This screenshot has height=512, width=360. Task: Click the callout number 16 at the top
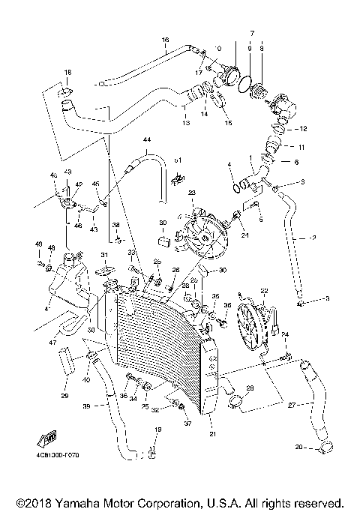pyautogui.click(x=165, y=39)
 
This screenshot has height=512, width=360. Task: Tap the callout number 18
pyautogui.click(x=67, y=72)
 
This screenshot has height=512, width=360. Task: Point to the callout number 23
pyautogui.click(x=191, y=193)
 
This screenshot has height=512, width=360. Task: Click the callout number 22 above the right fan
pyautogui.click(x=264, y=291)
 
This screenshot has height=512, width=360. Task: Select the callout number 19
pyautogui.click(x=157, y=430)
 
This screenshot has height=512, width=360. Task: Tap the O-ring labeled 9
pyautogui.click(x=244, y=82)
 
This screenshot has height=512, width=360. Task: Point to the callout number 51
pyautogui.click(x=178, y=160)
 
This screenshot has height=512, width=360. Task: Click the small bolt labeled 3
pyautogui.click(x=300, y=305)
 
